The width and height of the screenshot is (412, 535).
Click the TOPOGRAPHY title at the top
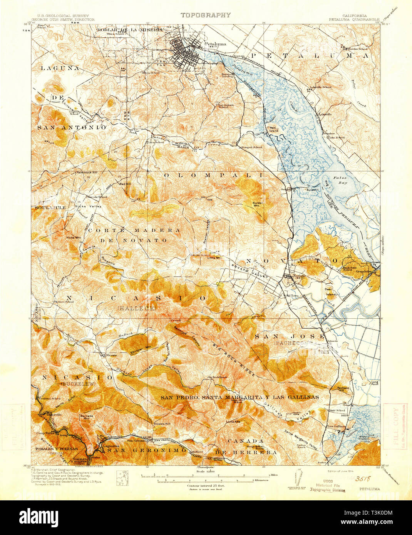(x=206, y=15)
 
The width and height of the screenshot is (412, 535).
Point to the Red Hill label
(x=125, y=184)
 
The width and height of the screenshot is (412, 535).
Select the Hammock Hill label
(x=87, y=172)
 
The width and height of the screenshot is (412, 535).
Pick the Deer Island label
(x=330, y=292)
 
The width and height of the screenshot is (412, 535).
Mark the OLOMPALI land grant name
(x=213, y=175)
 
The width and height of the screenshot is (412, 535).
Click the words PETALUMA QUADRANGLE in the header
(x=354, y=19)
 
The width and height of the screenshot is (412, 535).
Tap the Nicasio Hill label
(x=162, y=423)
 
